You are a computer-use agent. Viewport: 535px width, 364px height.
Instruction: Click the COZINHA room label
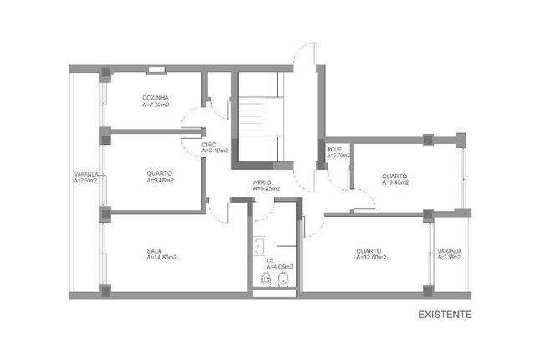155,99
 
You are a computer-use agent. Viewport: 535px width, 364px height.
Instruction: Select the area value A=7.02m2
155,105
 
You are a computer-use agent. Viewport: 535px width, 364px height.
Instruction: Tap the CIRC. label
209,144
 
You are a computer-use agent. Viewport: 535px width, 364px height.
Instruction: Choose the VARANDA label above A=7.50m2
85,174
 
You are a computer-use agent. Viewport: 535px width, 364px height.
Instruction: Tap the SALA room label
154,250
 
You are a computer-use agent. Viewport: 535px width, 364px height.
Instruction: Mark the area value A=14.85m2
161,257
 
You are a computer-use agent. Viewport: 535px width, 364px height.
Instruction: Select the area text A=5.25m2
267,189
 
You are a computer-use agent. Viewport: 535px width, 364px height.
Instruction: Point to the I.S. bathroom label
270,261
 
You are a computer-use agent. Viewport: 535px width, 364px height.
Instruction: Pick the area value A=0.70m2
339,155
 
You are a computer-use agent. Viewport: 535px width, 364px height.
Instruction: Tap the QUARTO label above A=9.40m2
394,175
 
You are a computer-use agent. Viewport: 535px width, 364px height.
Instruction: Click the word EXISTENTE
446,315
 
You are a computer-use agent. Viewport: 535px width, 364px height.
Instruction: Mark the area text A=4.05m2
276,268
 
